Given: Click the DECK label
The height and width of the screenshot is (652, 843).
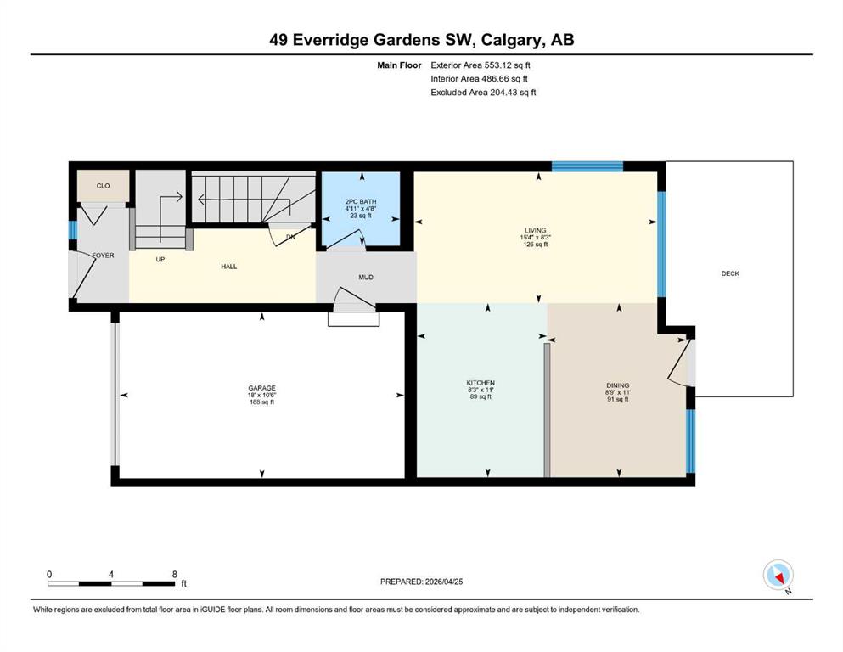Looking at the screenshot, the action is (730, 273).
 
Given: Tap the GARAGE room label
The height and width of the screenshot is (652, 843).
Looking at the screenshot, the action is (261, 388).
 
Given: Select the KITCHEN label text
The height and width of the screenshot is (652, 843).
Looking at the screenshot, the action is (481, 383).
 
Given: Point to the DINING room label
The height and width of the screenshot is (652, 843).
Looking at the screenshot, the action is (618, 385).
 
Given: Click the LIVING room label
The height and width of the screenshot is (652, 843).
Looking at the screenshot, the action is (536, 231).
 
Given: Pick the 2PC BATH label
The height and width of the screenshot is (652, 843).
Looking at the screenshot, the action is (361, 202).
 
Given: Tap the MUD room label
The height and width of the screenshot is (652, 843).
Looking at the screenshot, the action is (366, 278).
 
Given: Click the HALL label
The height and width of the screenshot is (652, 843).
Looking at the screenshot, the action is (229, 267).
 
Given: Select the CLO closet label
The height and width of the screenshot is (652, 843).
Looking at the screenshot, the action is (104, 186).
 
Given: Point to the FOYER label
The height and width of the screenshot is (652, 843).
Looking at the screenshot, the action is (104, 256).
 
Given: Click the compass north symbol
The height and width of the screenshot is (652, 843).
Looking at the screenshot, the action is (778, 576).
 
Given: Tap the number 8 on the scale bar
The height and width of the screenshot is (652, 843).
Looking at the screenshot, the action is (174, 574).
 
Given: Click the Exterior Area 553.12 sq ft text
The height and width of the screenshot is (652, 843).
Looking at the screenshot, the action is (481, 65).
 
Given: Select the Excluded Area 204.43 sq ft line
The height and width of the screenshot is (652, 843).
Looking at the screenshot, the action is (483, 93).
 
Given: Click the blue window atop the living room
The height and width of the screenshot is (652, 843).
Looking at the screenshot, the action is (587, 166).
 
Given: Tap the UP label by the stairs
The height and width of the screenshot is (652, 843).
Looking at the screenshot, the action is (160, 260).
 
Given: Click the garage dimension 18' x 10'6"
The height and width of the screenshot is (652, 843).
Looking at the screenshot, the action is (261, 395).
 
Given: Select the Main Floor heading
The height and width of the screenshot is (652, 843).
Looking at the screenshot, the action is (399, 65).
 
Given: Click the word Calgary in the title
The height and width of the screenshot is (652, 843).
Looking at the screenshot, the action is (513, 40).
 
